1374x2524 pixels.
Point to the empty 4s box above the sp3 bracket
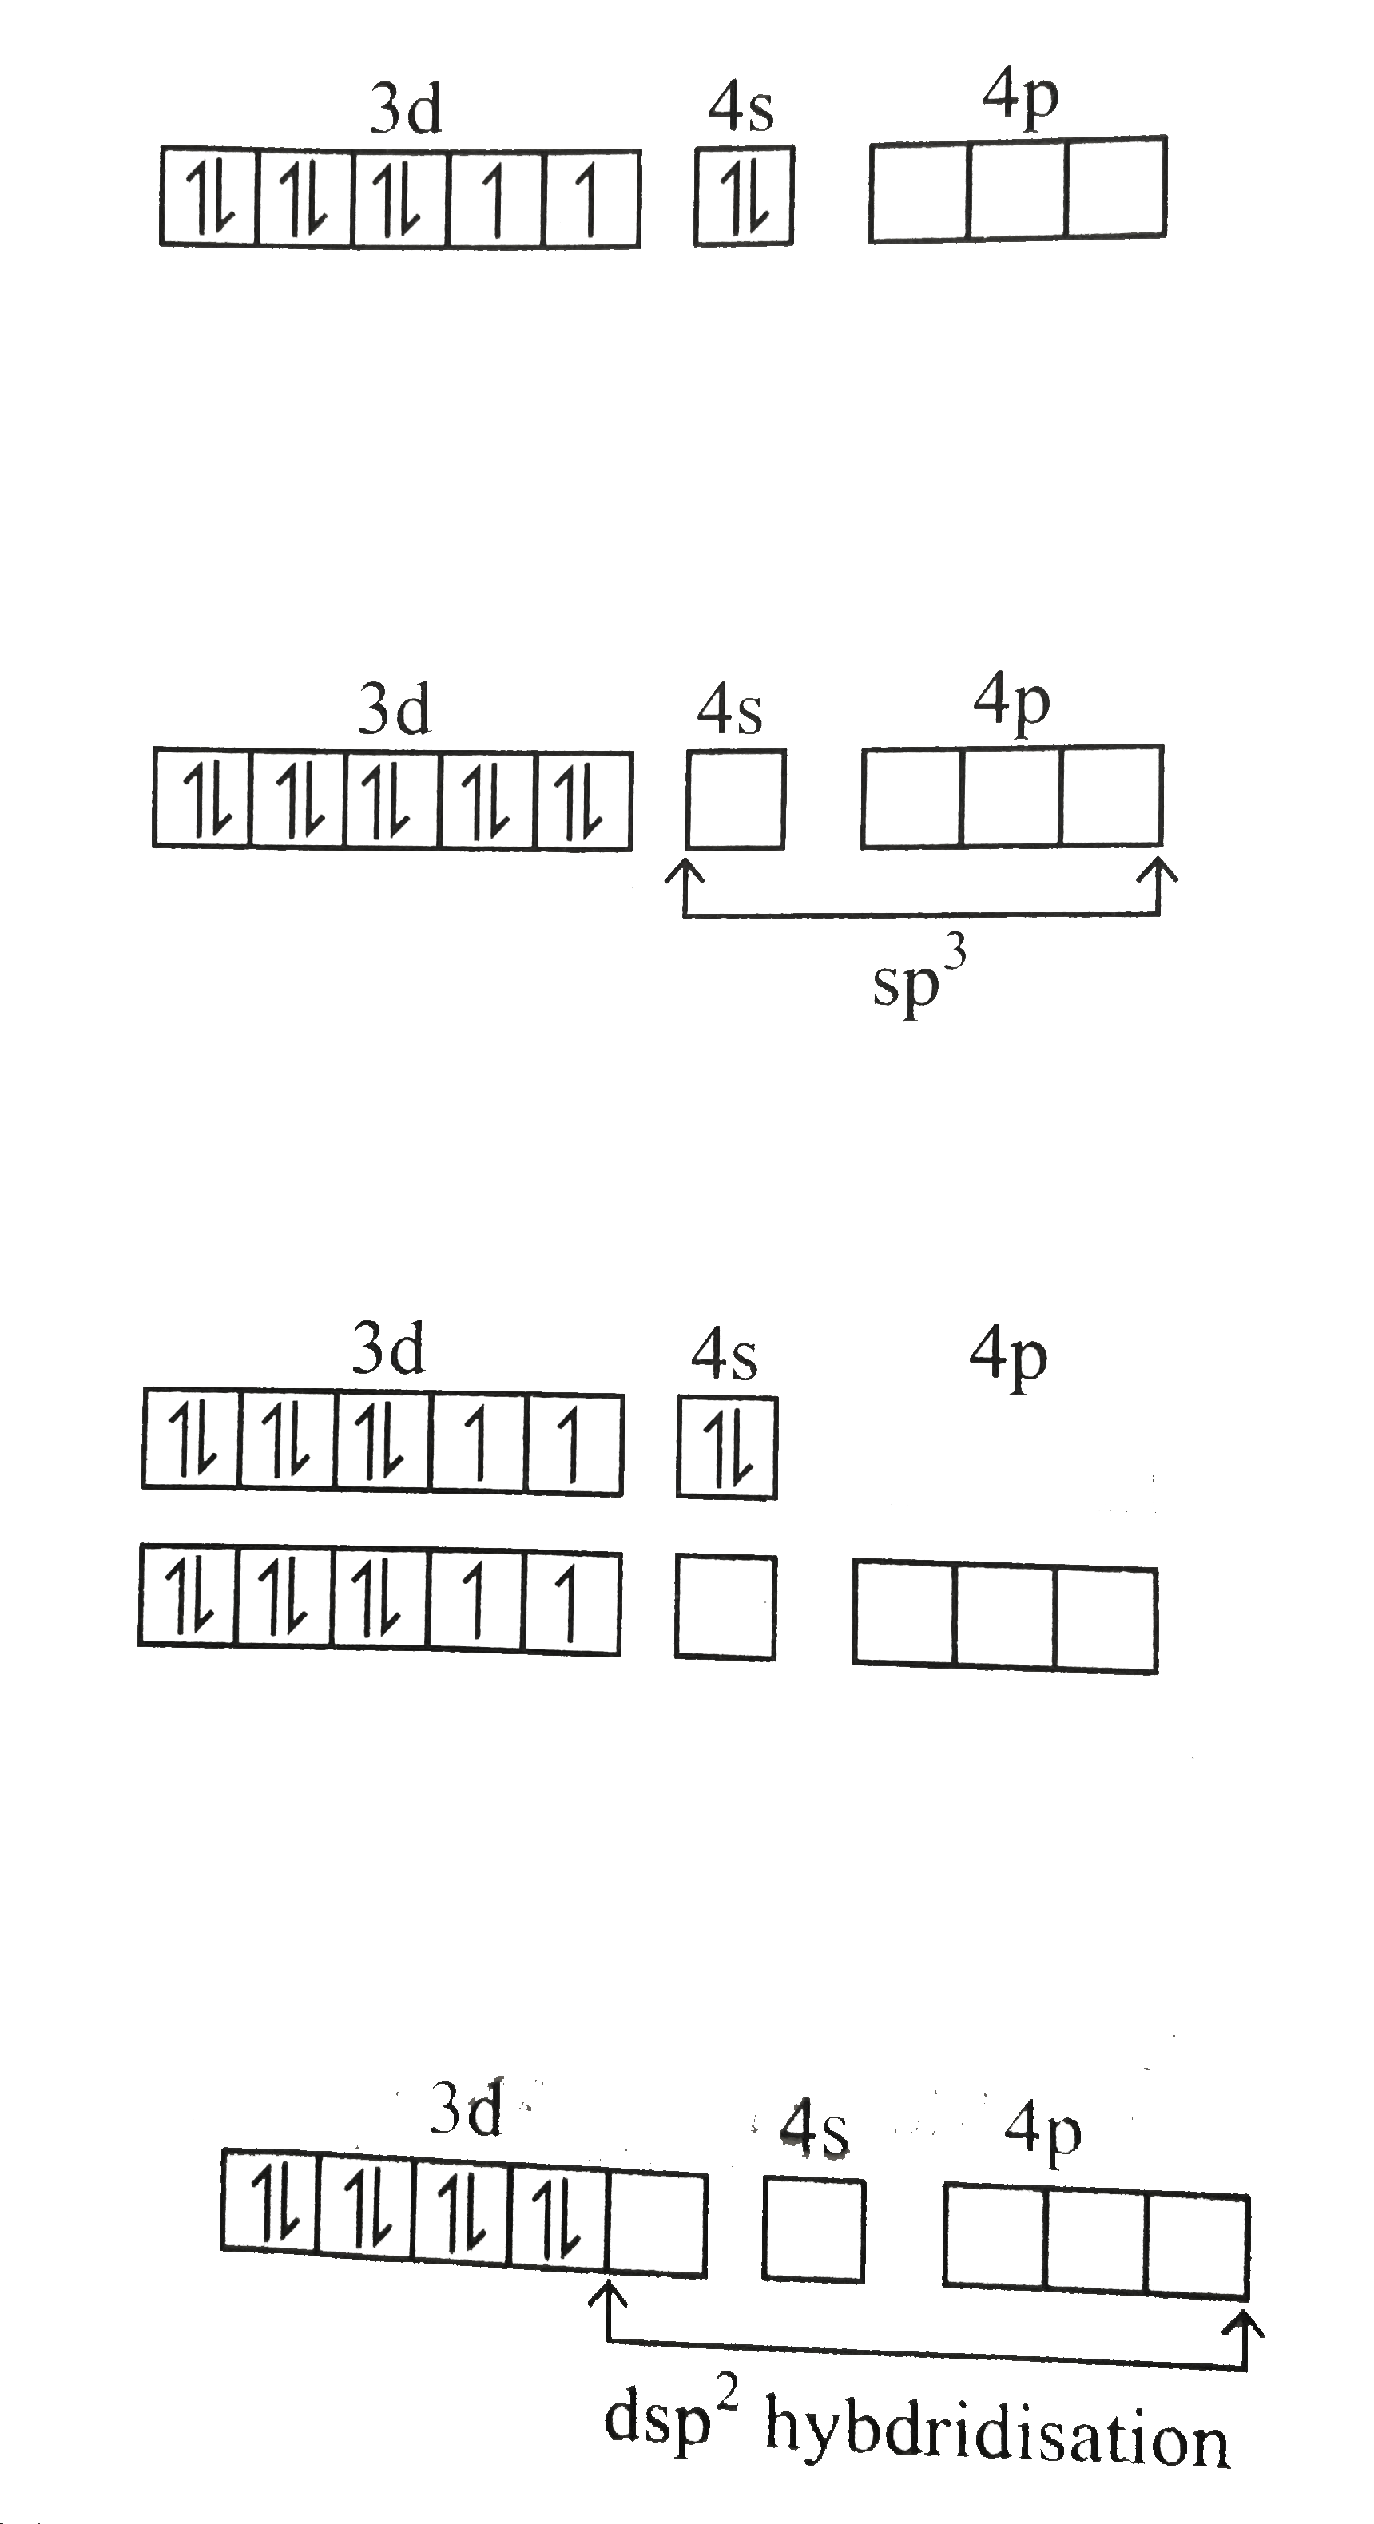tap(735, 799)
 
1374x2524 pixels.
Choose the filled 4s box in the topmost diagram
tap(744, 195)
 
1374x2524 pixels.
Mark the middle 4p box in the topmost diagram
tap(1017, 189)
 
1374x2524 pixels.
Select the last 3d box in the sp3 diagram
tap(584, 800)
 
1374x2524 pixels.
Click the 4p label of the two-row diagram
tap(1008, 1357)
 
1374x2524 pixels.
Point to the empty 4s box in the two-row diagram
tap(725, 1607)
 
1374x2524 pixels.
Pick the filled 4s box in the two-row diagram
tap(727, 1447)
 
